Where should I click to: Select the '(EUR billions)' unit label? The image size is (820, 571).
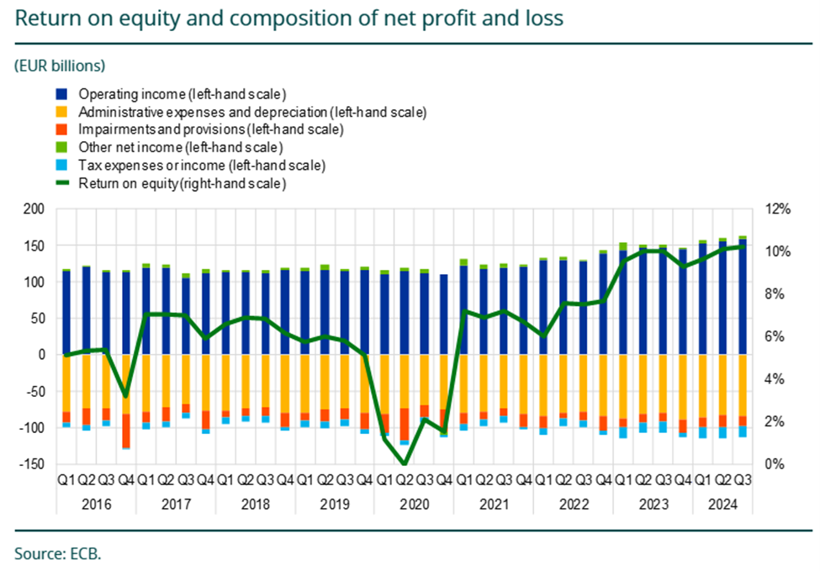pos(60,64)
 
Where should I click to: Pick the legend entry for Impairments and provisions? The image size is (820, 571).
pos(211,130)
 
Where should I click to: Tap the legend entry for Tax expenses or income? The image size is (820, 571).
pos(202,166)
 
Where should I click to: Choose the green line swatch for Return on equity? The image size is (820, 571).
pos(63,183)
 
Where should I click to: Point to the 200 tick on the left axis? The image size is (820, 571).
pos(36,209)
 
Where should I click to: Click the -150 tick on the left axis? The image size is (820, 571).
pos(34,464)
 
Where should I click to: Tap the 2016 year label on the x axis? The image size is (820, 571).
pos(96,505)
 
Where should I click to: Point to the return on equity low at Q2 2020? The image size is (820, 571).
pos(405,463)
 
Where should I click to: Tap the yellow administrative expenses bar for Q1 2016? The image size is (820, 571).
pos(66,383)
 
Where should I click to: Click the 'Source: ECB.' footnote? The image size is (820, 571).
pos(57,553)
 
